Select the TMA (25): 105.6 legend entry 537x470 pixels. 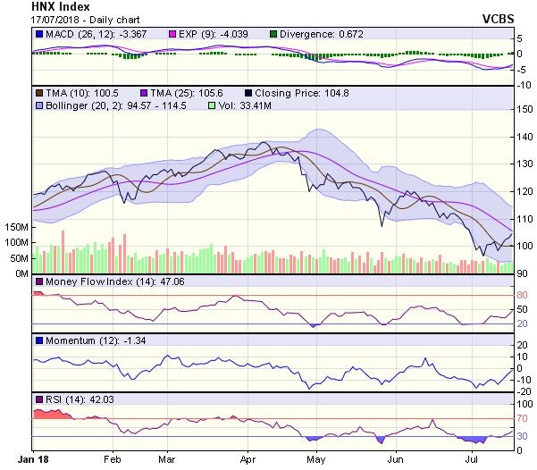click(x=192, y=93)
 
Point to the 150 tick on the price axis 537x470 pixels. click(x=524, y=109)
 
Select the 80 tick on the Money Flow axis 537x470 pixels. click(x=521, y=295)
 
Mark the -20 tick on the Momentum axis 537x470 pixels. click(x=523, y=390)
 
